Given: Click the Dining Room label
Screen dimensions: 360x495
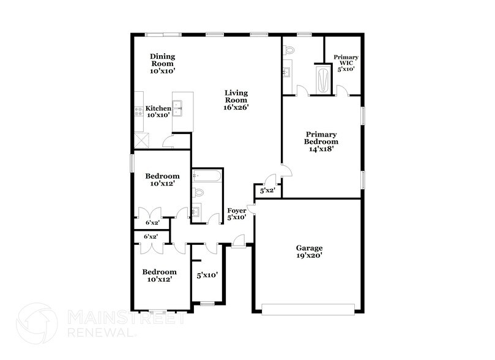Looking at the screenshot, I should point(162,64).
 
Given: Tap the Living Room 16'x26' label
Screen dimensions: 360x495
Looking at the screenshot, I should point(236,99).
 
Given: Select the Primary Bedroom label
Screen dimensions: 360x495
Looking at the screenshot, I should point(321,140).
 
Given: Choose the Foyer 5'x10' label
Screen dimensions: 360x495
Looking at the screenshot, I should point(237,214).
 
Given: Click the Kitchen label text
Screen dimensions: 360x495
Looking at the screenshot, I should point(158,111).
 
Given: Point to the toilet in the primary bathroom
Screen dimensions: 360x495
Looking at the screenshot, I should point(290,49).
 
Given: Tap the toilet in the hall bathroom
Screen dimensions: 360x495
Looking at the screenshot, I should point(198,193).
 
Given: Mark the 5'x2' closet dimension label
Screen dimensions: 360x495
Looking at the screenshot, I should point(267,191).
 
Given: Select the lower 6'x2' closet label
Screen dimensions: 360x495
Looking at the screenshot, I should point(151,236).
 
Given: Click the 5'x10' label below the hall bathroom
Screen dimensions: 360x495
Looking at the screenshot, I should point(206,276).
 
